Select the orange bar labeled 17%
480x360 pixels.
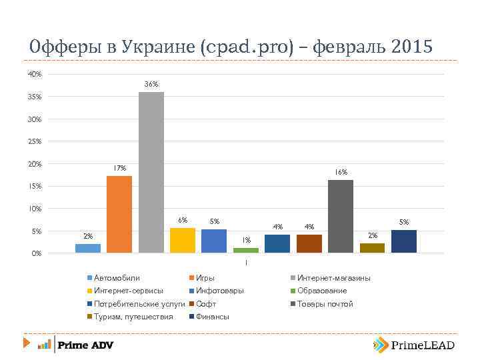point(119,214)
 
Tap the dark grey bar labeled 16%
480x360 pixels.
point(340,216)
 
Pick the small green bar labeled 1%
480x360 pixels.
point(245,250)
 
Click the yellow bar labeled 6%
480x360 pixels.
point(183,240)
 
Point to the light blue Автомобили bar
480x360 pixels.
point(88,248)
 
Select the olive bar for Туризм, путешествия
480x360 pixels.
point(372,248)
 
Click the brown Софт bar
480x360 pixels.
point(309,243)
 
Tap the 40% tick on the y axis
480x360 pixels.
point(35,74)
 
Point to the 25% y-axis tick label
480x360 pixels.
point(35,141)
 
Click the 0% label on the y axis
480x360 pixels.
point(37,253)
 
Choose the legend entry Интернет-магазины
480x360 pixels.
point(333,278)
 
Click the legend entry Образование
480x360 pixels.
point(321,291)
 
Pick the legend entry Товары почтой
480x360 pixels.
point(325,304)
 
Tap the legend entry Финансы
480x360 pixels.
point(213,317)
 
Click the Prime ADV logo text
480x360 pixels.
point(85,345)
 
